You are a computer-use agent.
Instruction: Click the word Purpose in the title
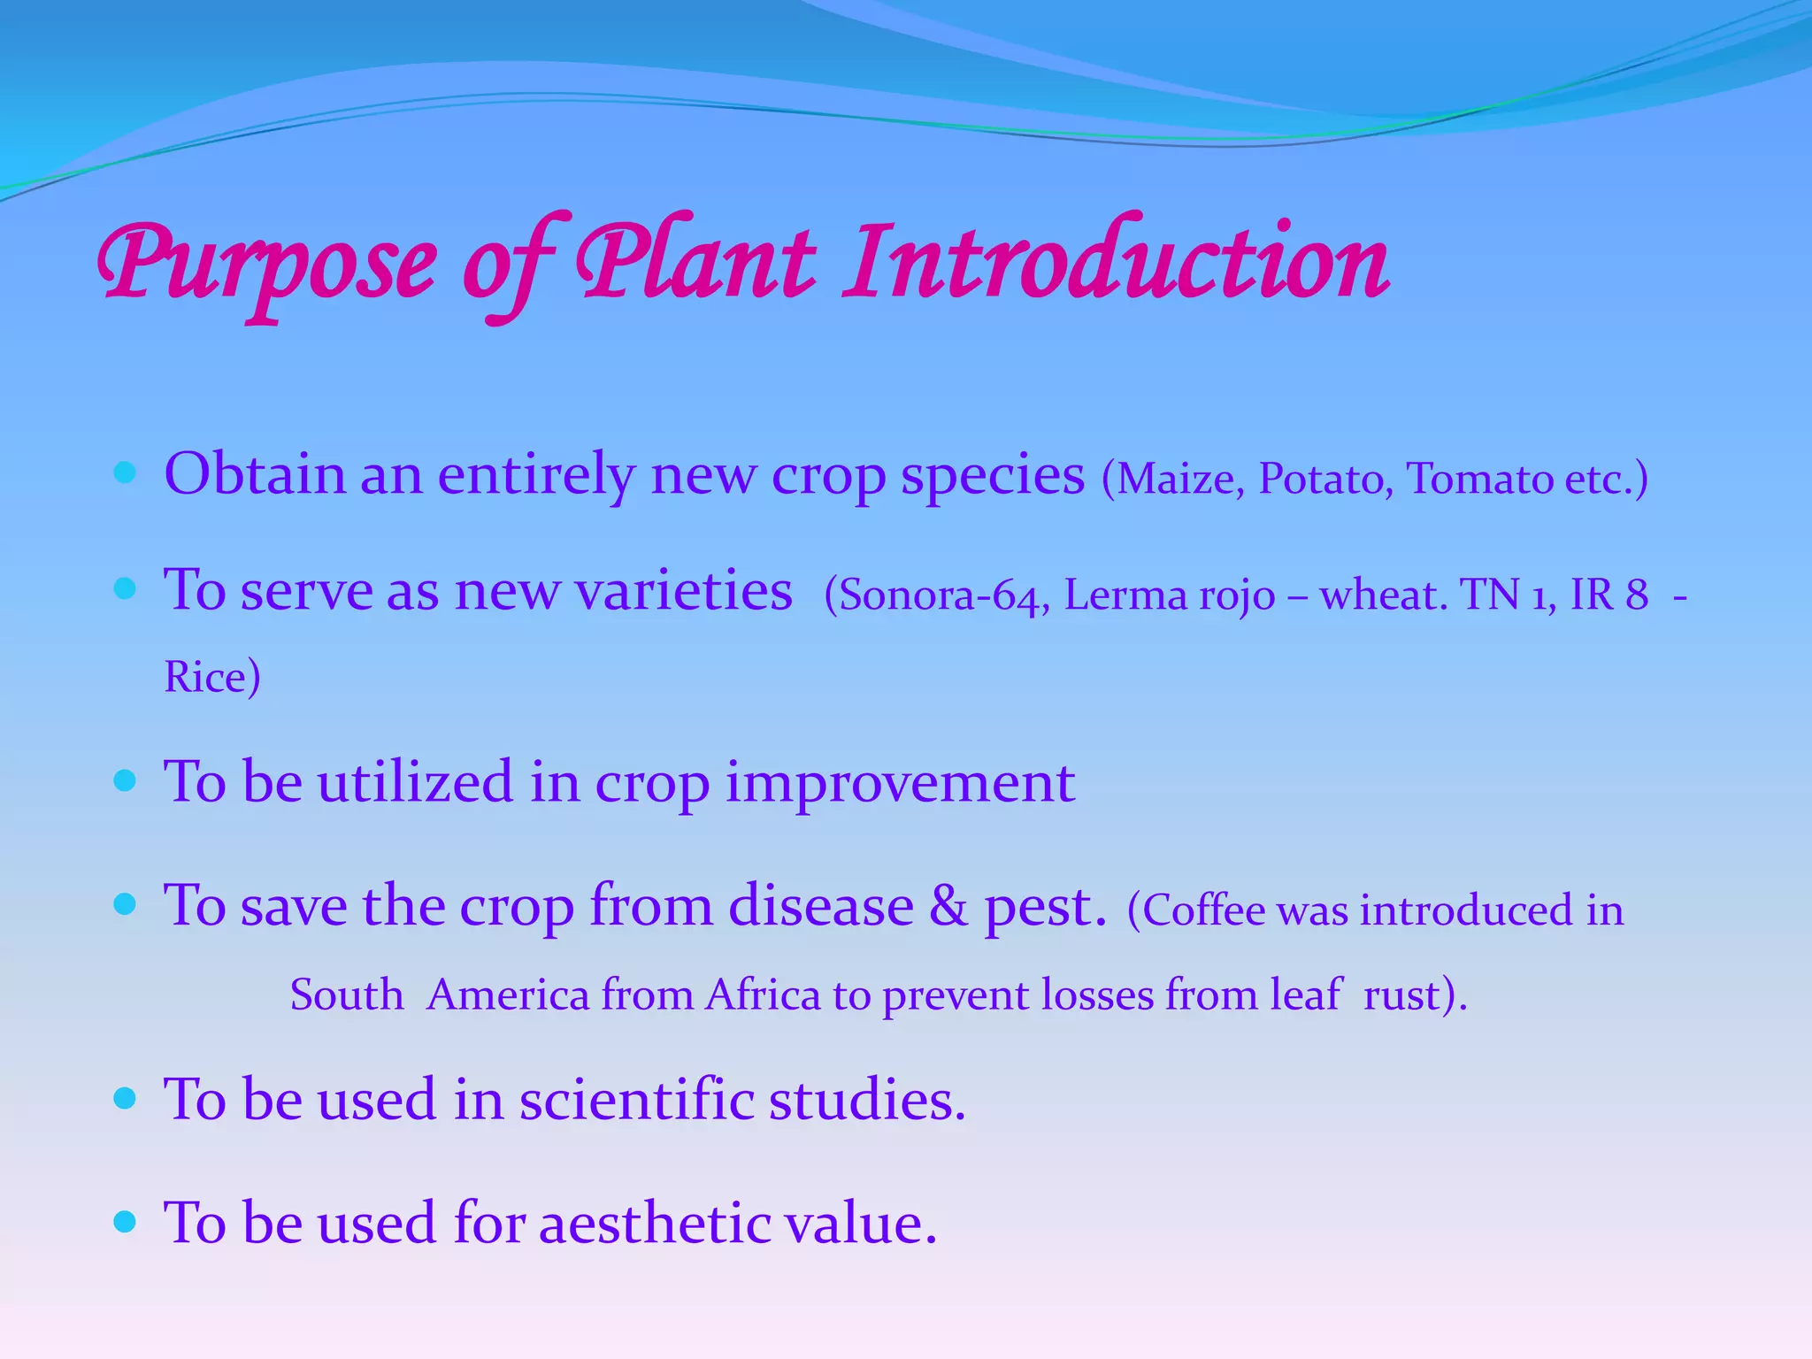coord(265,265)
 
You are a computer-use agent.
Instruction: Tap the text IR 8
coord(1609,594)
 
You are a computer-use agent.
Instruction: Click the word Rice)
coord(212,678)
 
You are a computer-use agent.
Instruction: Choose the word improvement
coord(900,784)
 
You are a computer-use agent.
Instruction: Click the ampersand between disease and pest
coord(948,906)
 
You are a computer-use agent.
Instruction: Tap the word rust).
coord(1415,995)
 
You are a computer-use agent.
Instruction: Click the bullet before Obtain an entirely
coord(125,472)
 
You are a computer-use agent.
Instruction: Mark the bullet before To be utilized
coord(125,780)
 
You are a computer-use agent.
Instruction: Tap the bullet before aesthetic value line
coord(125,1222)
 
